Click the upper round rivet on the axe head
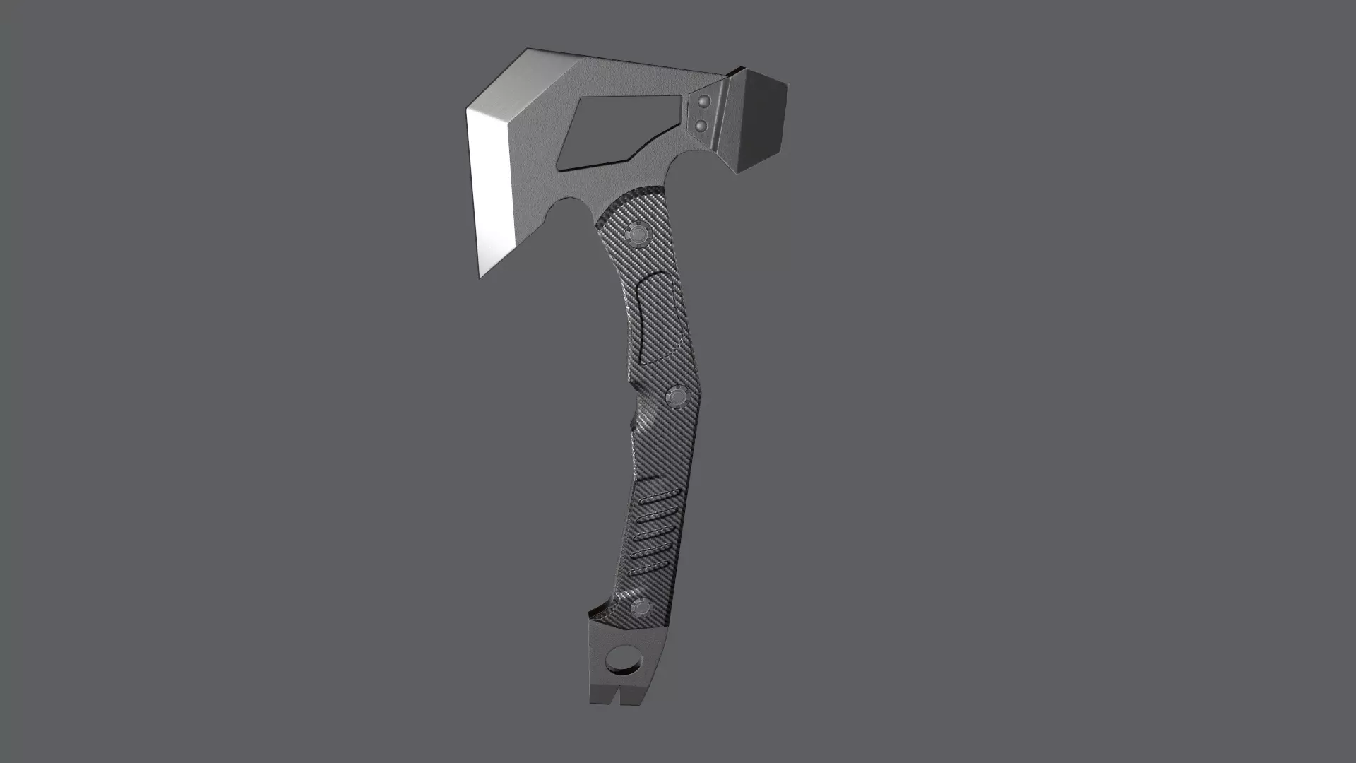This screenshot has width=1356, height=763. tap(702, 103)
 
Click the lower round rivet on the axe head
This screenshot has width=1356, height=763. tap(701, 126)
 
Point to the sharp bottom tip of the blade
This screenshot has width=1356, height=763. tap(481, 276)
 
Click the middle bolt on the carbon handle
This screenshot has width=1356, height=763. tap(676, 397)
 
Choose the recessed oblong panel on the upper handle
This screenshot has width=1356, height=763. tap(657, 318)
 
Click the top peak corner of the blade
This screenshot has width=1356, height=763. tap(528, 50)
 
